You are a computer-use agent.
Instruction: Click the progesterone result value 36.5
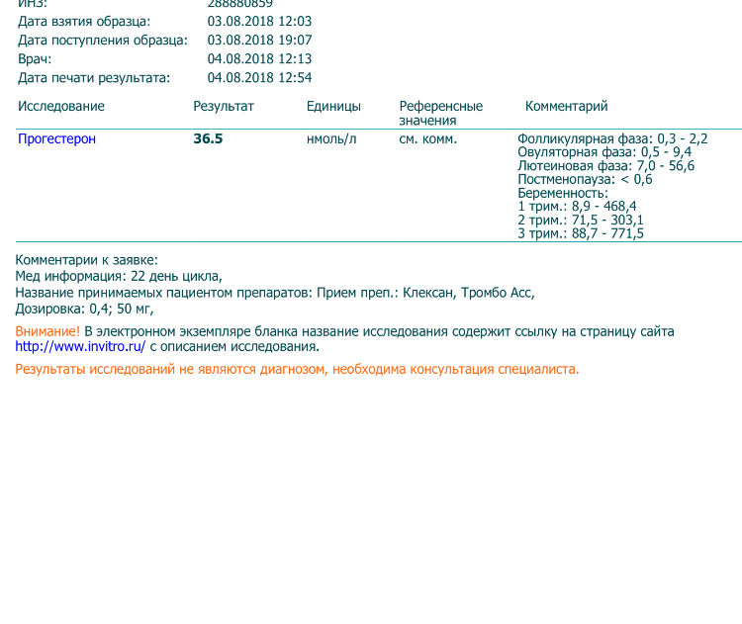pos(208,139)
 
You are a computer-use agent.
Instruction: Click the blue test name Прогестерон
pos(56,139)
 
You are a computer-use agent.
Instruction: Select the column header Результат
pos(224,106)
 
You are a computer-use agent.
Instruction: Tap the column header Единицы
pos(333,106)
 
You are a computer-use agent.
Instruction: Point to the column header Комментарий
pos(566,106)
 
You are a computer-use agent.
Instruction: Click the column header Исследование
pos(61,106)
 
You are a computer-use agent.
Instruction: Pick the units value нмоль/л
pos(331,139)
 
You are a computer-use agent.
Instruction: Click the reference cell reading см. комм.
pos(427,139)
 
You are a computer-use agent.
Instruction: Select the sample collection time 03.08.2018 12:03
pos(259,21)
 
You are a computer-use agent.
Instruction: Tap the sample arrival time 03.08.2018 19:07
pos(259,41)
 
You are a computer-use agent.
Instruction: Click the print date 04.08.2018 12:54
pos(259,78)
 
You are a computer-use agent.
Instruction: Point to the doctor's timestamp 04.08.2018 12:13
pos(259,59)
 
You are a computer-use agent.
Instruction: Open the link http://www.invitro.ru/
pos(80,347)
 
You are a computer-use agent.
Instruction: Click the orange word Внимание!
pos(47,331)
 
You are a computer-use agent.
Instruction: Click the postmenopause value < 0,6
pos(636,179)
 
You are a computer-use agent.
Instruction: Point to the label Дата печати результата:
pos(94,78)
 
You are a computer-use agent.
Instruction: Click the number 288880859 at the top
pos(239,4)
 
